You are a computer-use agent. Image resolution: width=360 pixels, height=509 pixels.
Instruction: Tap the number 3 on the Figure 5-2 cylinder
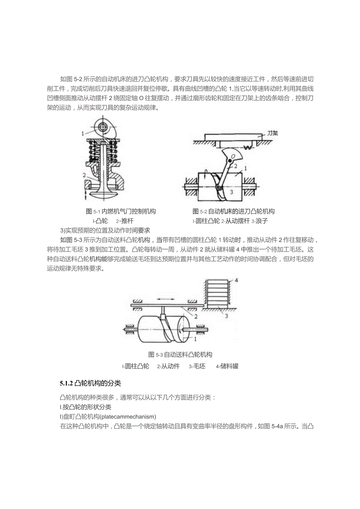(x=231, y=192)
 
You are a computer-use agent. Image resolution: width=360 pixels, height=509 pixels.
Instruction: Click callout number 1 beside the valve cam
(x=83, y=134)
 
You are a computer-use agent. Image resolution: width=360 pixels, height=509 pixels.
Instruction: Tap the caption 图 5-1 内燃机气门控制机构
(x=121, y=211)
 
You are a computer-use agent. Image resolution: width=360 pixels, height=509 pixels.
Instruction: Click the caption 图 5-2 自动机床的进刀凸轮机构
(x=234, y=211)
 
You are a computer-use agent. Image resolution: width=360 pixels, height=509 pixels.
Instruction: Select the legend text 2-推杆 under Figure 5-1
(x=125, y=221)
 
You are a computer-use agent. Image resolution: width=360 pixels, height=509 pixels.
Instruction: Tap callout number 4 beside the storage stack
(x=236, y=280)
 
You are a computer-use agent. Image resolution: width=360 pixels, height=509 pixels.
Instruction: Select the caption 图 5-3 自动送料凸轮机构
(x=180, y=355)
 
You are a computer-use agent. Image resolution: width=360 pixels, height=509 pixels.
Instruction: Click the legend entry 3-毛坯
(x=197, y=366)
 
